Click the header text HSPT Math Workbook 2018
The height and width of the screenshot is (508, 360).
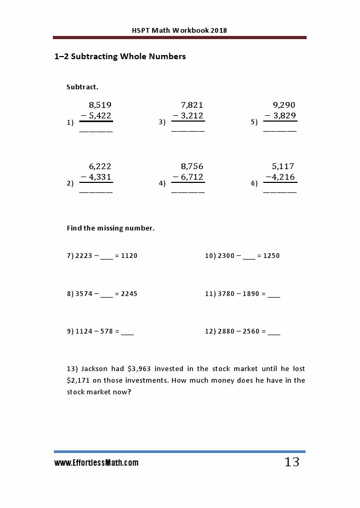pos(179,30)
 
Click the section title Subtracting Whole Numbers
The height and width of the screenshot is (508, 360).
pos(120,57)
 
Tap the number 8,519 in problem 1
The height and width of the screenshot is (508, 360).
pos(100,105)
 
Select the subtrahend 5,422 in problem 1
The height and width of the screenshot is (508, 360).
pos(100,116)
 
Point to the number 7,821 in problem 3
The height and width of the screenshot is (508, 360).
pos(192,105)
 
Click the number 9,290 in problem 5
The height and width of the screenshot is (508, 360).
pos(284,105)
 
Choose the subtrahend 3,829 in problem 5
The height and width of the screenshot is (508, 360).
pos(284,116)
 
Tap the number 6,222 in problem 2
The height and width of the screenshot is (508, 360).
pos(100,167)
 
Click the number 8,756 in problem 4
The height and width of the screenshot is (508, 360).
pos(192,167)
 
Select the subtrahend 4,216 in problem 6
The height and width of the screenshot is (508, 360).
pos(281,177)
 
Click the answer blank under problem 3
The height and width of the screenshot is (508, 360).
pos(188,130)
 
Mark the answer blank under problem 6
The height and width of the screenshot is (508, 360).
pos(280,191)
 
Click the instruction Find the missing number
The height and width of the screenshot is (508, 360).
pos(110,228)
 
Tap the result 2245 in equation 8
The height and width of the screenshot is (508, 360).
pos(129,294)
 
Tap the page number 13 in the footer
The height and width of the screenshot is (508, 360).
pos(292,463)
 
